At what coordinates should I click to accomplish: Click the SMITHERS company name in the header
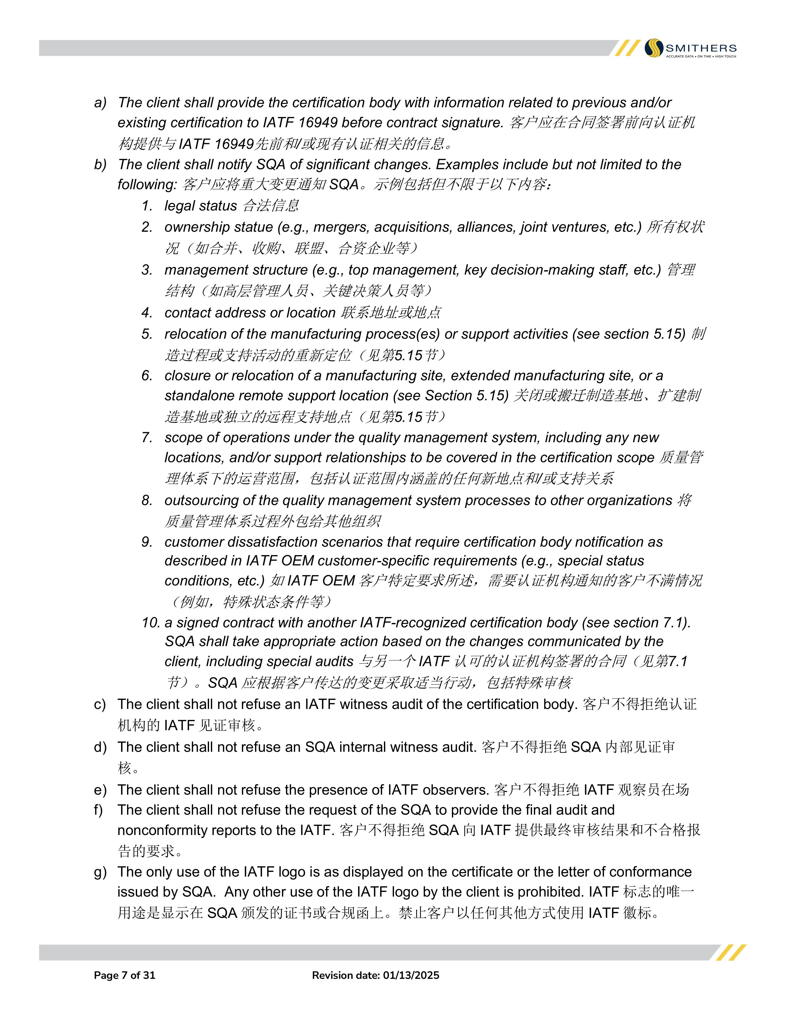(701, 48)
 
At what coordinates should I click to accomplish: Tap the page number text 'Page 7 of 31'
(124, 975)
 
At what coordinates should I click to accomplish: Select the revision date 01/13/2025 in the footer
(411, 975)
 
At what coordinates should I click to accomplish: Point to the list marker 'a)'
(100, 103)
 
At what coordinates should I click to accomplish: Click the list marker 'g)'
(100, 872)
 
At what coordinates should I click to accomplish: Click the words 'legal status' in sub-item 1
(201, 205)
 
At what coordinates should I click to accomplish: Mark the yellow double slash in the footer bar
(731, 953)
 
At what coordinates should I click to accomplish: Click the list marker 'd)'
(100, 747)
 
